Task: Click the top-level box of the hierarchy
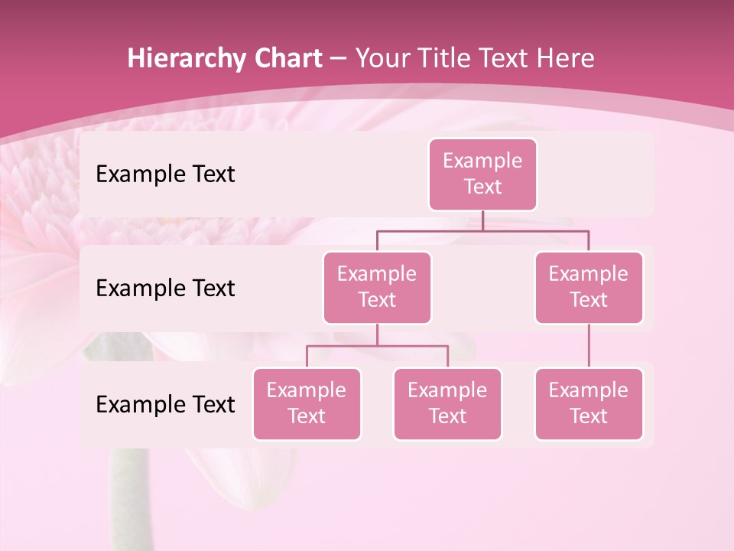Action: tap(482, 174)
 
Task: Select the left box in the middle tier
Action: tap(377, 287)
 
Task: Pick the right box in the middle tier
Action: tap(589, 287)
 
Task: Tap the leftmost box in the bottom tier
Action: tap(307, 403)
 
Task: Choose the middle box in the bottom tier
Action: tap(447, 403)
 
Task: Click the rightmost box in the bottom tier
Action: tap(589, 403)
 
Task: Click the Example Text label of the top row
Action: tap(165, 174)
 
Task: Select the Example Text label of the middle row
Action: tap(165, 288)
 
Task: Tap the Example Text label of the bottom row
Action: tap(165, 404)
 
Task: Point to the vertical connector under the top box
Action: tap(482, 220)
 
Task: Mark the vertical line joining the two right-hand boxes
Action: tap(589, 346)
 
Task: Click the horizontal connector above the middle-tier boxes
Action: tap(482, 230)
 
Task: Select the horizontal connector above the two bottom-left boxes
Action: tap(377, 346)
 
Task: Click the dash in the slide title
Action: tap(339, 58)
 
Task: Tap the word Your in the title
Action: tap(379, 58)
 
